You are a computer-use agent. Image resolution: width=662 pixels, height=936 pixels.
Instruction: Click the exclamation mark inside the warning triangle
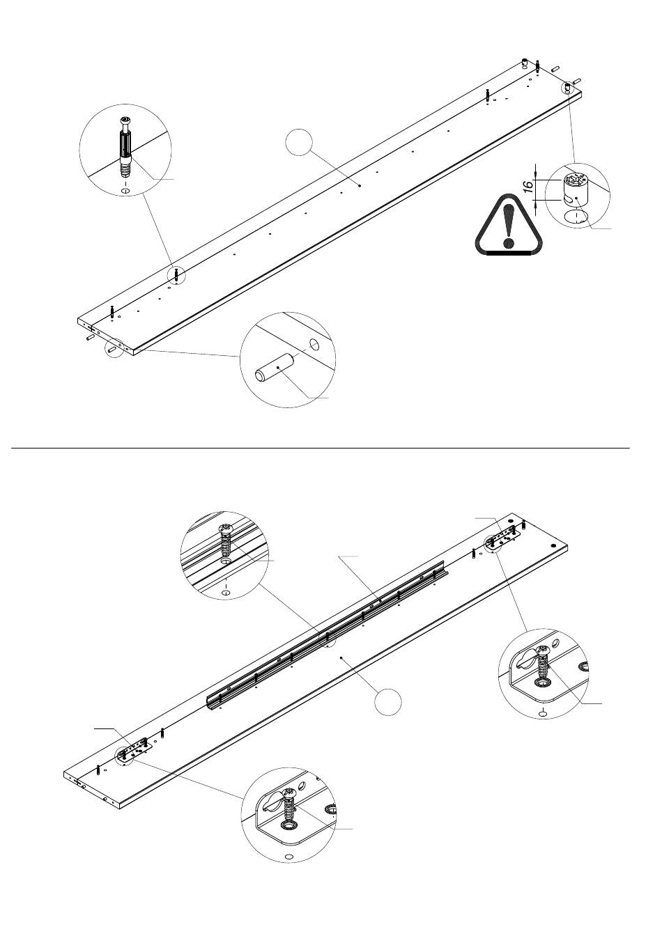(x=508, y=225)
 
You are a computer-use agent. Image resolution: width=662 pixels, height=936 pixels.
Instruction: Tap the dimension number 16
(x=528, y=186)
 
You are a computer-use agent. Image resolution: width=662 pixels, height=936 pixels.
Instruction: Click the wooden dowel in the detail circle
(x=275, y=366)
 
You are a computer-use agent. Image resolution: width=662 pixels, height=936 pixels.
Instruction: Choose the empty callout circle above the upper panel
(x=299, y=143)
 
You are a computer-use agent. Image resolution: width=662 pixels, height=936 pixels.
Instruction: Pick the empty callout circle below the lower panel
(x=387, y=701)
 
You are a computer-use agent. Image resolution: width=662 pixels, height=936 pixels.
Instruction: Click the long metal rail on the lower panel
(x=328, y=635)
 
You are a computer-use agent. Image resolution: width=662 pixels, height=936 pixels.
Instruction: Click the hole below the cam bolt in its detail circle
(x=125, y=191)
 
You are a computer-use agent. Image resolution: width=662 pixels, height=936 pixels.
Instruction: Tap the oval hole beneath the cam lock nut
(x=576, y=217)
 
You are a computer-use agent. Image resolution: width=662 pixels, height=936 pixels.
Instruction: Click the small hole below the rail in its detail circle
(x=226, y=593)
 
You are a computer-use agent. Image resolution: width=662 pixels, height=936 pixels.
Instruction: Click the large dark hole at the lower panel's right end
(x=553, y=546)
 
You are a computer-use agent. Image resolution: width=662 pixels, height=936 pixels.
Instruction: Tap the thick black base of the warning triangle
(x=509, y=253)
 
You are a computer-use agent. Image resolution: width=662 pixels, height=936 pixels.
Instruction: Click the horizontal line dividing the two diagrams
(x=321, y=448)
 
